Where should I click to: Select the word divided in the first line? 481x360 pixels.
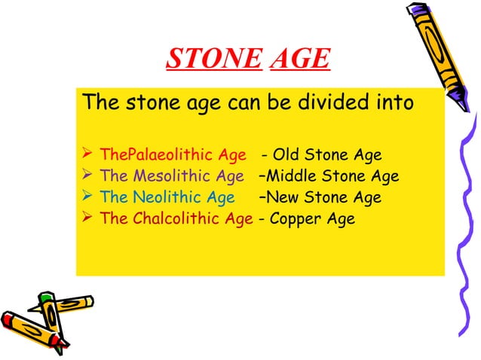(331, 101)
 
